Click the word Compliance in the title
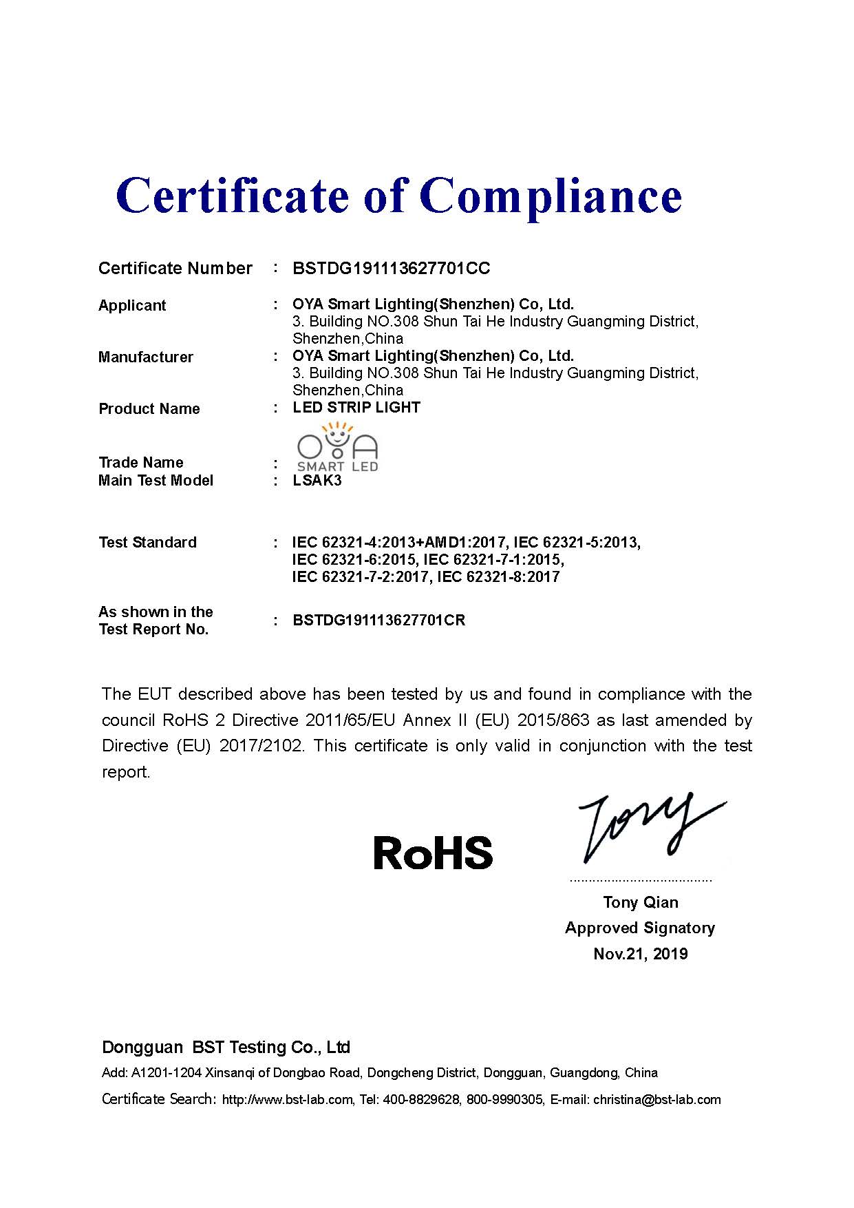(x=551, y=196)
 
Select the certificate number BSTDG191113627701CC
(x=391, y=269)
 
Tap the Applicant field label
(x=132, y=306)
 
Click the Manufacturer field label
(x=145, y=357)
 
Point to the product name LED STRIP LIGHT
(x=356, y=408)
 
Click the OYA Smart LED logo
(x=337, y=448)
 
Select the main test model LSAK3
(x=317, y=481)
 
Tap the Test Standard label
(x=147, y=543)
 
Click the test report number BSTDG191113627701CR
(x=378, y=621)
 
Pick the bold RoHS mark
(x=433, y=853)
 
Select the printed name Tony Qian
(x=640, y=902)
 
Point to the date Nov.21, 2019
(x=640, y=954)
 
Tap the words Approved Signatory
(x=640, y=928)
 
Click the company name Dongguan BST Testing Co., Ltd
(x=226, y=1048)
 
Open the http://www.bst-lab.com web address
(x=288, y=1100)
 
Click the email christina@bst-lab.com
(x=656, y=1100)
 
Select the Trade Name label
(x=140, y=463)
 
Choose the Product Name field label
(x=149, y=409)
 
